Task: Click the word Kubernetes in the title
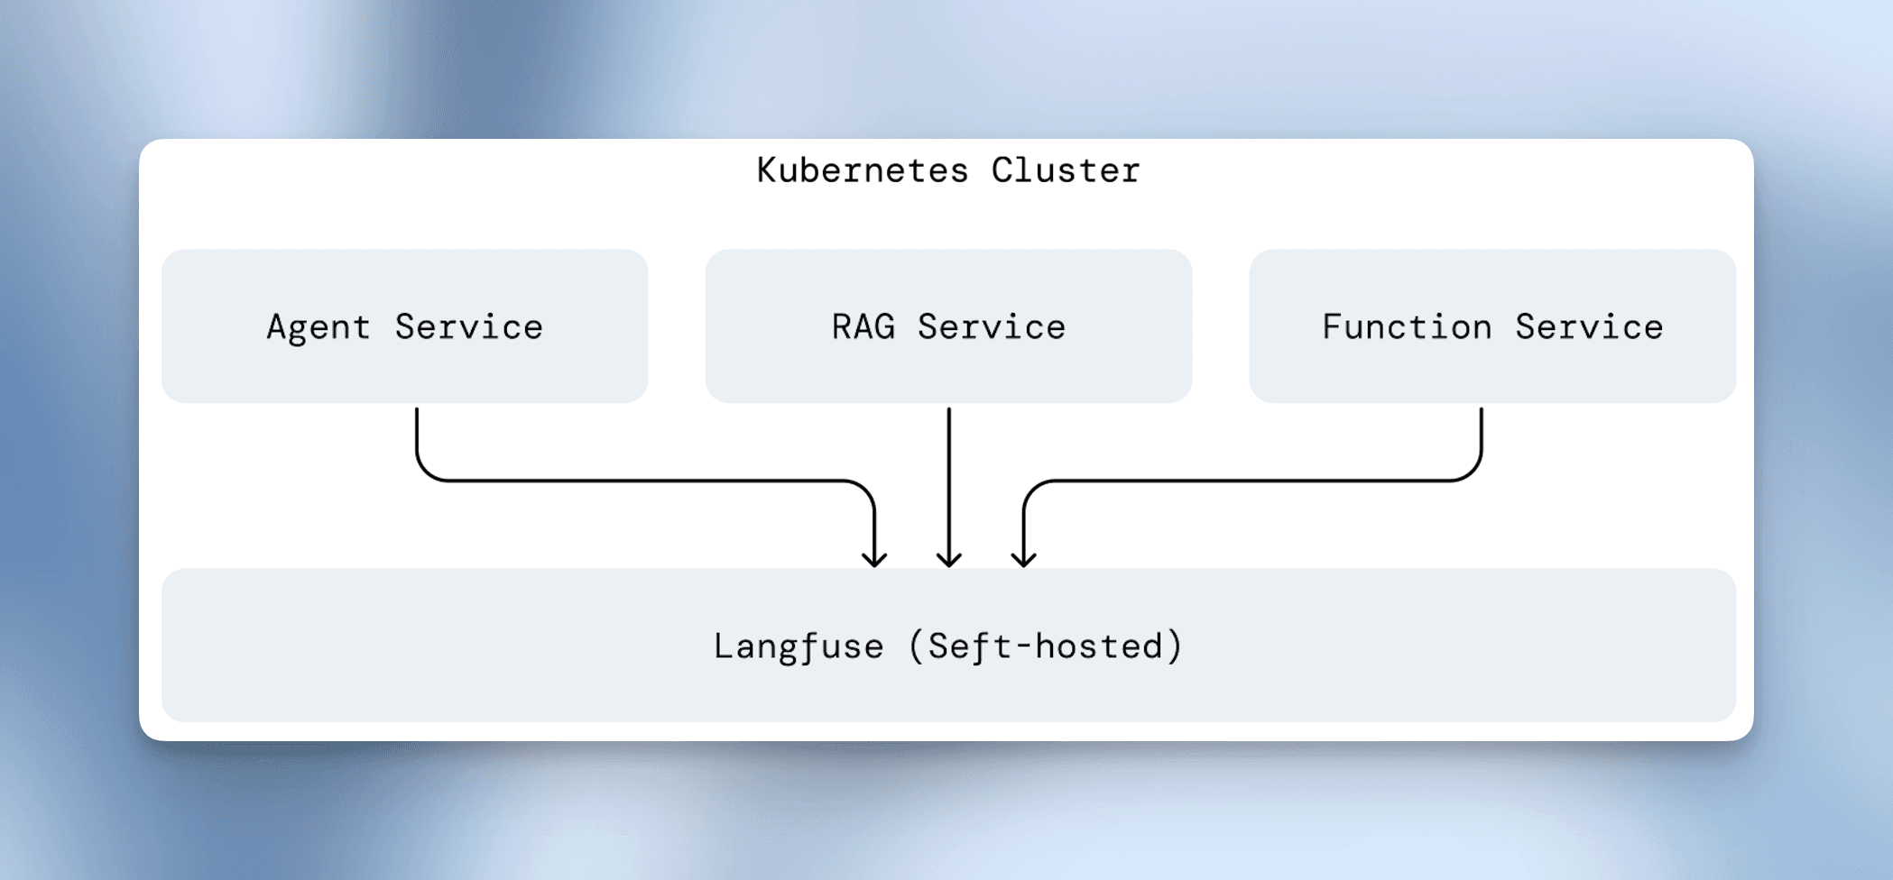(863, 170)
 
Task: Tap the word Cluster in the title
(1066, 170)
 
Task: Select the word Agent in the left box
(318, 327)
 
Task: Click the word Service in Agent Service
(469, 327)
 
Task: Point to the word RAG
(863, 326)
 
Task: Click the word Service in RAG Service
(992, 327)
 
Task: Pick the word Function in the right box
(1407, 327)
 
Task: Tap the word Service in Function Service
(1589, 327)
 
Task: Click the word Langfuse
(799, 646)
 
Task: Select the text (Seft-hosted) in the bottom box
(1046, 646)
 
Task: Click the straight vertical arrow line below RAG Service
(948, 478)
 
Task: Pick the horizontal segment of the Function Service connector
(1254, 481)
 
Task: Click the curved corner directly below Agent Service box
(425, 472)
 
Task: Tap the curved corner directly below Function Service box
(1473, 472)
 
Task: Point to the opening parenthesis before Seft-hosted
(916, 646)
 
